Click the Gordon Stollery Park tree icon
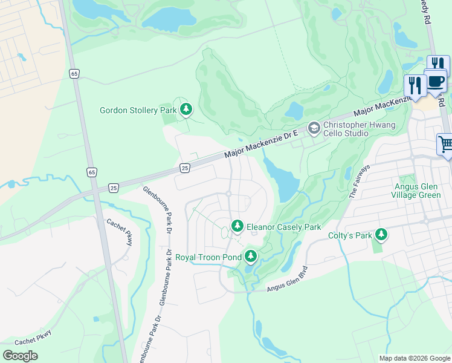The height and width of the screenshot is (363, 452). pos(187,110)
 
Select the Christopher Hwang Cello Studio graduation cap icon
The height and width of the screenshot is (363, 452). pos(313,128)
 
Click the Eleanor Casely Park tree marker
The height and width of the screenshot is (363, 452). pos(237,227)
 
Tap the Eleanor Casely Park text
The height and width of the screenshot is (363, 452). pos(283,227)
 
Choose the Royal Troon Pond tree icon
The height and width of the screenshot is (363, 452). pos(250,257)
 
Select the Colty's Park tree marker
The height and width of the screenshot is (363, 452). pos(381,235)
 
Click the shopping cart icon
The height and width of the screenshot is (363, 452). pos(445,145)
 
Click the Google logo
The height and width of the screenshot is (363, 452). pos(21,355)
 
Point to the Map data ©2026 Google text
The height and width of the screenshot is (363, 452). pos(414,358)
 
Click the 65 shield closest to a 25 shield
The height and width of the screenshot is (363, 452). pos(91,172)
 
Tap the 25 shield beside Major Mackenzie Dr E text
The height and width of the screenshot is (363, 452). pos(185,167)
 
